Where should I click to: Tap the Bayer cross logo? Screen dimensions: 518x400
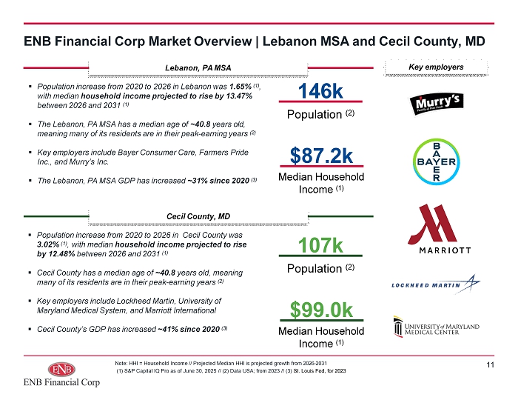coord(436,161)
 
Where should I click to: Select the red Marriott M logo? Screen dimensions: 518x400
coord(432,224)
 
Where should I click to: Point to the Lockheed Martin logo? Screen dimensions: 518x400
coord(436,284)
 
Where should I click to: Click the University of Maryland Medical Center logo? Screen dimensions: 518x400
coord(436,327)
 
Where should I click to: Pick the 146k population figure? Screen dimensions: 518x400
coord(320,91)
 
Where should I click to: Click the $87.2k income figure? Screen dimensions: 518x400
coord(321,156)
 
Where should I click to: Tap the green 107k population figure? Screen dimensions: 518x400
coord(320,245)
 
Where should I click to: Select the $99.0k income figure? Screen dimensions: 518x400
coord(321,310)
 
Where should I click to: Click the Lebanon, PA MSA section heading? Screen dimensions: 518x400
coord(198,68)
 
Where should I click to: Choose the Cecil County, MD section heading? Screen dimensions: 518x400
coord(198,216)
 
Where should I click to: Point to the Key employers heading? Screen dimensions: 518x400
coord(436,67)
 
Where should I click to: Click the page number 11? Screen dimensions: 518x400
coord(490,364)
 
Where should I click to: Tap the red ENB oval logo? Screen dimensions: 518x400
coord(61,369)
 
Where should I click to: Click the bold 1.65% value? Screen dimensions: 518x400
coord(240,87)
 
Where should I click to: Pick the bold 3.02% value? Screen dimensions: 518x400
coord(48,244)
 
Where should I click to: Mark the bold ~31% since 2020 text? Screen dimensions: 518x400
coord(218,181)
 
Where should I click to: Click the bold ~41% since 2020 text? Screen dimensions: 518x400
coord(189,329)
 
